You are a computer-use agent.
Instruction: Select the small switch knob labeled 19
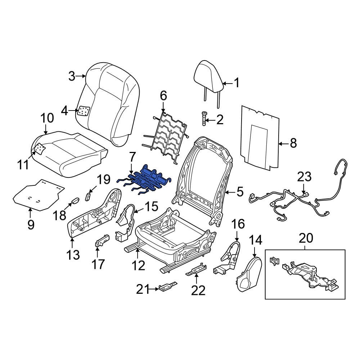88,196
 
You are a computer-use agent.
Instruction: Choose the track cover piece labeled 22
196,270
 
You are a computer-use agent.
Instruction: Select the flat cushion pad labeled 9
38,196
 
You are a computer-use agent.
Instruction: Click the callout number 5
240,192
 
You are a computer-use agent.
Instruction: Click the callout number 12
138,266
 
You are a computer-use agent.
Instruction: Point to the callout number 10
47,118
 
